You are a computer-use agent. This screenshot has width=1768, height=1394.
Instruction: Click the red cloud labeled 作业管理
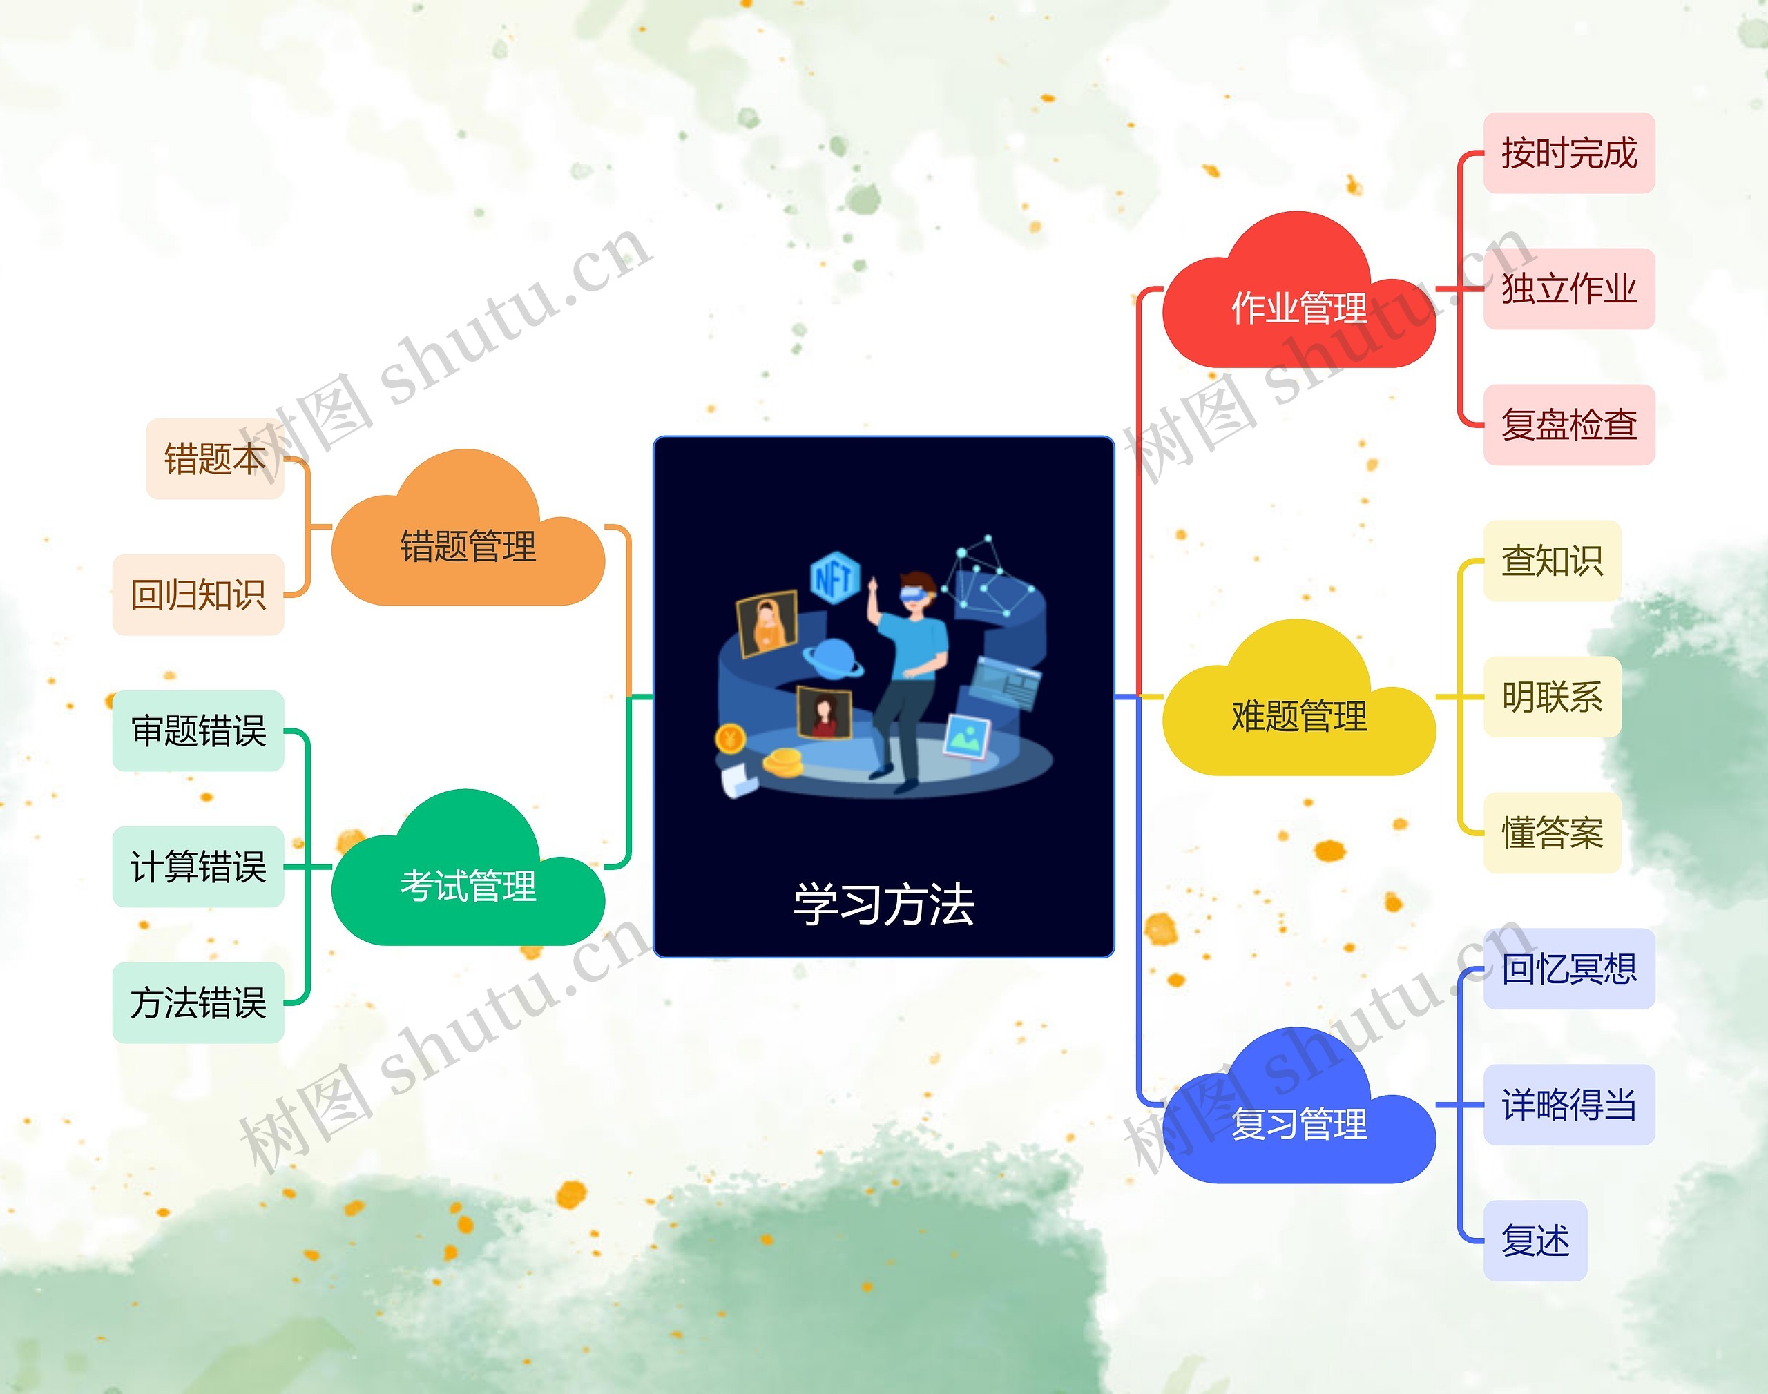coord(1298,306)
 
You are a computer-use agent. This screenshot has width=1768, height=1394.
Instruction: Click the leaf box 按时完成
coord(1568,153)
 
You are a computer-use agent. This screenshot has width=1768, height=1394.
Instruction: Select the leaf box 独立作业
coord(1568,289)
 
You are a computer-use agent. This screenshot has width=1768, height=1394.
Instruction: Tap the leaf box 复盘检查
coord(1568,425)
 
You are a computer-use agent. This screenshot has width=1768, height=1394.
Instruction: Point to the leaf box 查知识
coord(1551,561)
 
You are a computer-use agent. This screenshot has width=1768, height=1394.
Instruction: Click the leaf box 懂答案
coord(1551,833)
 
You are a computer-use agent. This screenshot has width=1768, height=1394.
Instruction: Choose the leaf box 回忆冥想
coord(1568,969)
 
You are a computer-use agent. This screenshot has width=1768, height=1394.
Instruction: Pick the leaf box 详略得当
coord(1568,1104)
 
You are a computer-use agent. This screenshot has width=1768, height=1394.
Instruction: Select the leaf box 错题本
coord(215,458)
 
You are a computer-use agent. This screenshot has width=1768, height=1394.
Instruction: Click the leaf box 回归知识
coord(198,594)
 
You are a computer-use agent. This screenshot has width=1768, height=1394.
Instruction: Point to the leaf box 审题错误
coord(198,730)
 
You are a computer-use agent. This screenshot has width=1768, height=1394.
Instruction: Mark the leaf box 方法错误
coord(198,1003)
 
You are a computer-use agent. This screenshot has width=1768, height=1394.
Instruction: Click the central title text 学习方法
coord(883,904)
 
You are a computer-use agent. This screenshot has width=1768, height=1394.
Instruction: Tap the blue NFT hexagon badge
coord(834,578)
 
